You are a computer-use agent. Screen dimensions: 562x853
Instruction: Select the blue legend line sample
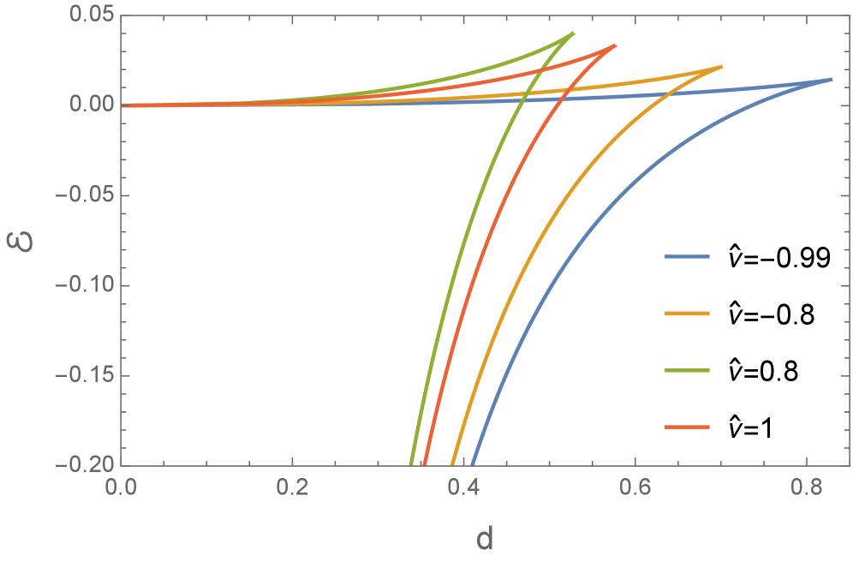(687, 257)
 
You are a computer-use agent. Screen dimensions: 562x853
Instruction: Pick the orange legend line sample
(687, 314)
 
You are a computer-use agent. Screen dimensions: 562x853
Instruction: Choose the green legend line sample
(687, 370)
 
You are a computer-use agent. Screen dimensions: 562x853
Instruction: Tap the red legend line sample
(687, 427)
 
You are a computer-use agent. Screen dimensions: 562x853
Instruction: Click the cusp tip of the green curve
(574, 33)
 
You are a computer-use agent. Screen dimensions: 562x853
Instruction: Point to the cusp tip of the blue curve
(832, 79)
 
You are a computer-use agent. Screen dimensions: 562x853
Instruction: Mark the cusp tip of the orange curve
(722, 66)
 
